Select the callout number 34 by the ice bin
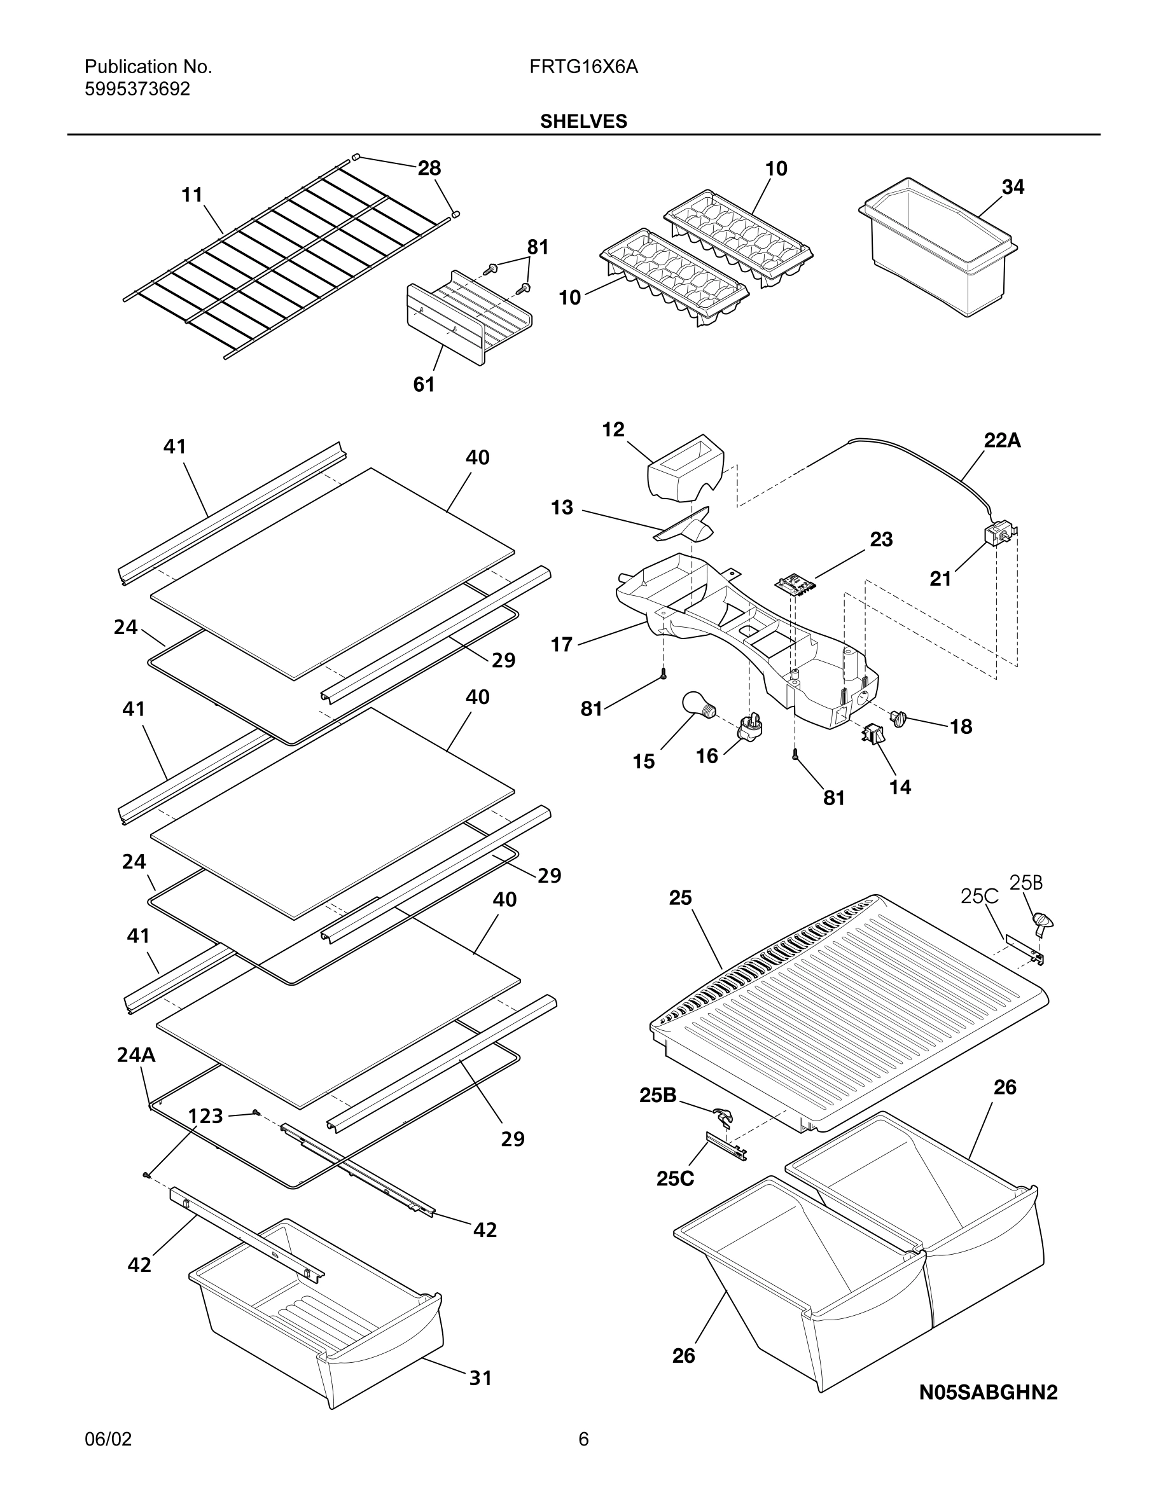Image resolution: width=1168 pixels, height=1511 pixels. pos(1013,187)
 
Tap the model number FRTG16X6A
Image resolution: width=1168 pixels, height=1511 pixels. pos(583,67)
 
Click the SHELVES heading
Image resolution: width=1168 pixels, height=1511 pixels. pos(583,121)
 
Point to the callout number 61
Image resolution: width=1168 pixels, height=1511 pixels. pos(424,385)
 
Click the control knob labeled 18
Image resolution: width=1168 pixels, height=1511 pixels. pos(900,718)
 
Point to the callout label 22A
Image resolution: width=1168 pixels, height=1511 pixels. pos(1002,440)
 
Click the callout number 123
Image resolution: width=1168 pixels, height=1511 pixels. pos(205,1116)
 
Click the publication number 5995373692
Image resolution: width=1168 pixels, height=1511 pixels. pos(137,89)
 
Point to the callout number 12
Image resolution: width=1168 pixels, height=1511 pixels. pos(613,430)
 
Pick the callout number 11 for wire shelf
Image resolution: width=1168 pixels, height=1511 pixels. pos(191,195)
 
